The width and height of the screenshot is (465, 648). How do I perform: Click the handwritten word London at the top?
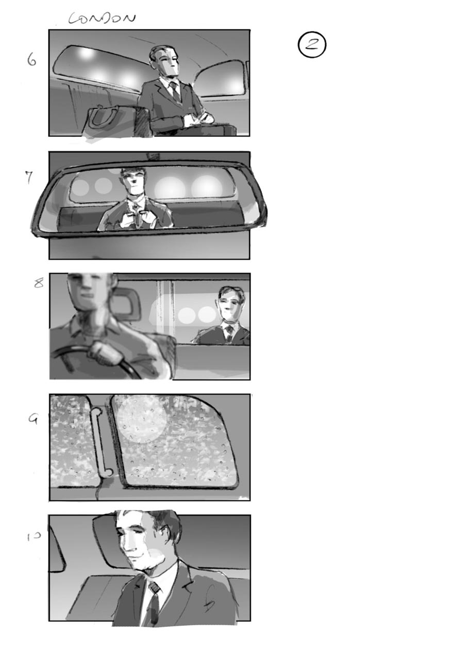coord(102,19)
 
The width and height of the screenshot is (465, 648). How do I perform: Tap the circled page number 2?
coord(312,45)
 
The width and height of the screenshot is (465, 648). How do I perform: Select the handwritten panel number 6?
coord(32,60)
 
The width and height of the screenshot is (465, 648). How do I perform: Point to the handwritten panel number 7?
coord(29,177)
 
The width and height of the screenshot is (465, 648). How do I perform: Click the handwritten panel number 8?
coord(39,283)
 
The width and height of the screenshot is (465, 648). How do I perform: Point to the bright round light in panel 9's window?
coord(141,419)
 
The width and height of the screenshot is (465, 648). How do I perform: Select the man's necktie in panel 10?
coord(153,603)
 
